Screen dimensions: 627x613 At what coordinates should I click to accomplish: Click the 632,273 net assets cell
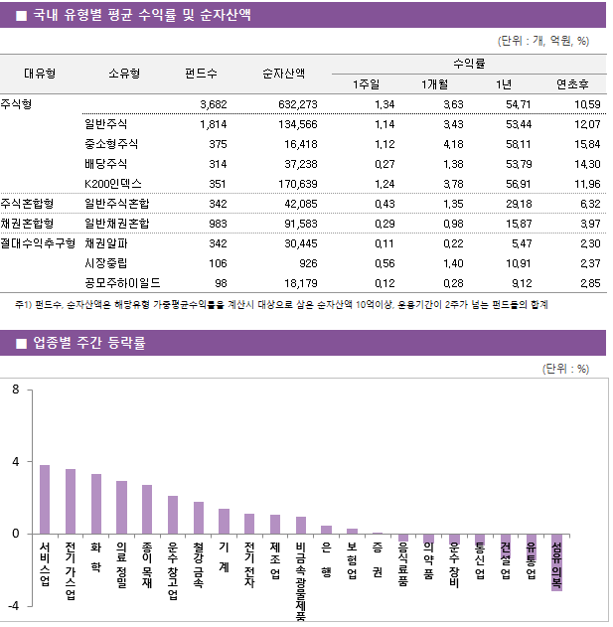[x=291, y=104]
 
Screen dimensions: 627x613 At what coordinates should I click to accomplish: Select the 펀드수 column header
[x=202, y=73]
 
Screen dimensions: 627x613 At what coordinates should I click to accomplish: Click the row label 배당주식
[x=106, y=164]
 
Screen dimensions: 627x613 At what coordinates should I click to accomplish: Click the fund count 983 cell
[x=214, y=224]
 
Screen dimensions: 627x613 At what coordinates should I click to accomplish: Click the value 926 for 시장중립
[x=308, y=262]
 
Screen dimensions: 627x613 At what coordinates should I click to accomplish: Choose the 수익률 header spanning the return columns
[x=468, y=63]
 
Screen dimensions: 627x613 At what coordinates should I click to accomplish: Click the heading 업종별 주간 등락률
[x=89, y=344]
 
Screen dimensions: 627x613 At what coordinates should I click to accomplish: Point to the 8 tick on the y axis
[x=16, y=390]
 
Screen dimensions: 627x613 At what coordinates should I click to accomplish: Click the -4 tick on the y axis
[x=13, y=605]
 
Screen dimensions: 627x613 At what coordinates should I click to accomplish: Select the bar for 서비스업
[x=45, y=499]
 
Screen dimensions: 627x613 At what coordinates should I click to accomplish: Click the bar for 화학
[x=96, y=504]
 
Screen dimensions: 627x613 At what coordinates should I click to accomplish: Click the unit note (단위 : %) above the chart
[x=566, y=368]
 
